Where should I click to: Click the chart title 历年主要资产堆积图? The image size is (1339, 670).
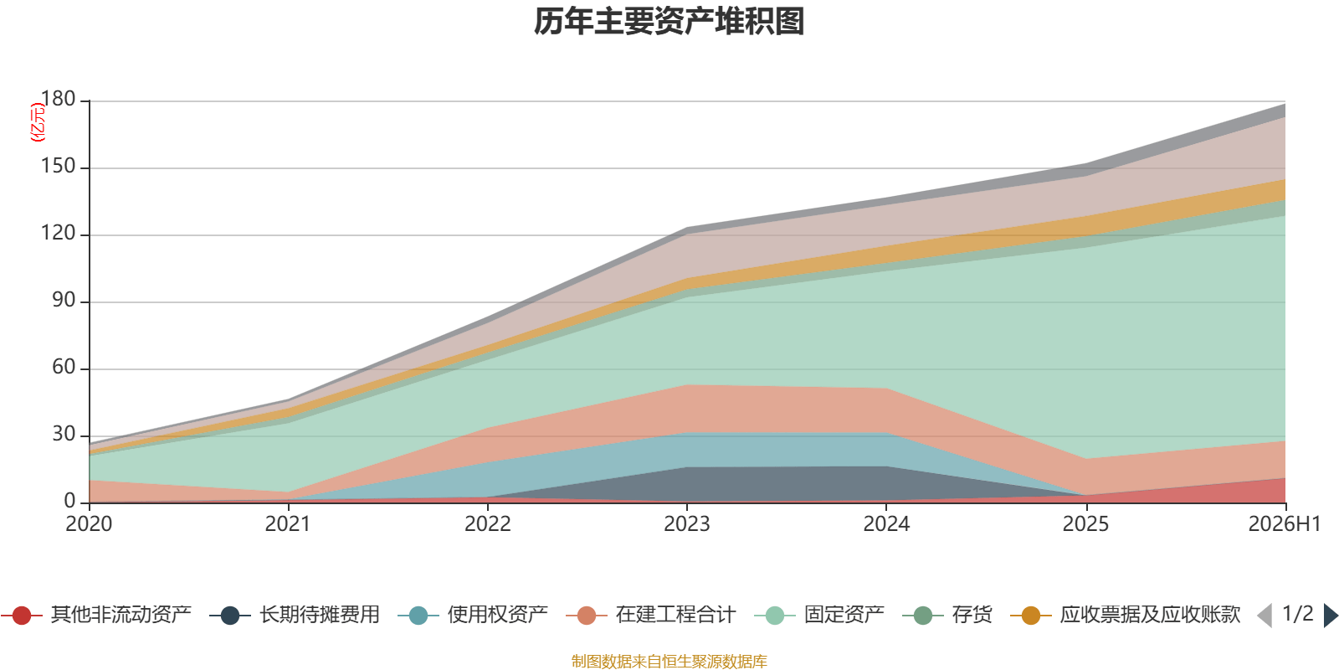point(669,22)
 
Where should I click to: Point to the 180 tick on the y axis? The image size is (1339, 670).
point(58,99)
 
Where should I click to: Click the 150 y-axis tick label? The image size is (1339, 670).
point(58,166)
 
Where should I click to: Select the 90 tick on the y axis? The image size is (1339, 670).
point(64,300)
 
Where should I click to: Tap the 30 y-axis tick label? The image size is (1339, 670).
point(64,434)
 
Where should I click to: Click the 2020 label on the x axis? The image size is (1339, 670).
point(89,524)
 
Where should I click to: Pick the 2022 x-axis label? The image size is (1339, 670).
point(488,524)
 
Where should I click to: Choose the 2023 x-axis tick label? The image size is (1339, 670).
point(687,524)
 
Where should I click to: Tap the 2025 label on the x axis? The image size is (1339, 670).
point(1085,524)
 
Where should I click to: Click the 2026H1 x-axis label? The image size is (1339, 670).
point(1285,524)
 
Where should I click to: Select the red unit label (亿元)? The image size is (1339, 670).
point(38,122)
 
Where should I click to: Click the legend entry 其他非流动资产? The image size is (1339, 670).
point(96,615)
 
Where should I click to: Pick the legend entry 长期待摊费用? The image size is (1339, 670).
point(295,615)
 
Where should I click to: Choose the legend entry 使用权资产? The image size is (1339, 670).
point(473,615)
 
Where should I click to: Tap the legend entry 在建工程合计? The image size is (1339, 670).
point(651,615)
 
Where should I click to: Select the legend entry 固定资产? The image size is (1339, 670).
point(819,615)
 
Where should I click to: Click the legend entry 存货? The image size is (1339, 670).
point(947,615)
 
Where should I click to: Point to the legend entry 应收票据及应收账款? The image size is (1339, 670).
point(1126,615)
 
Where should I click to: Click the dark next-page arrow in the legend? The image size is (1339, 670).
point(1330,615)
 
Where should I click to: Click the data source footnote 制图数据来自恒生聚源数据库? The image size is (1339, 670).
point(669,661)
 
